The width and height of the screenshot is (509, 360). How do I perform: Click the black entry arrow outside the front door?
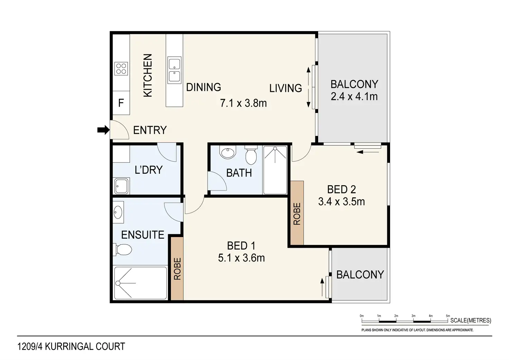click(103, 130)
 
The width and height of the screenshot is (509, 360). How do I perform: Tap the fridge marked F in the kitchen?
click(121, 103)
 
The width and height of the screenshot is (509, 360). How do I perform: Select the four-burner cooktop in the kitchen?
click(121, 69)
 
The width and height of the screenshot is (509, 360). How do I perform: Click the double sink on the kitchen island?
click(174, 70)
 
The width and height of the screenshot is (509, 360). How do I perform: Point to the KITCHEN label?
click(148, 76)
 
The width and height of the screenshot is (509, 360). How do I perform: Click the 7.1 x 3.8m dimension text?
click(243, 103)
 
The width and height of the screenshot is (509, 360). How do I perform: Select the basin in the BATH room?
click(228, 152)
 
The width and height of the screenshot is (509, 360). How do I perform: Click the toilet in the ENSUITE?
click(122, 250)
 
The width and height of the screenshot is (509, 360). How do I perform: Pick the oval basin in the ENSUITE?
click(118, 212)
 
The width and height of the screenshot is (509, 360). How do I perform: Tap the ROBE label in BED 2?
click(297, 214)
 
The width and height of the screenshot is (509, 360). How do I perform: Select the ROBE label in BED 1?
click(177, 269)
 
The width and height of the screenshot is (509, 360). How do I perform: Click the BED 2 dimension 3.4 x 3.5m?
click(342, 201)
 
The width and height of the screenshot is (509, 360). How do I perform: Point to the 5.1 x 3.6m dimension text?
click(242, 258)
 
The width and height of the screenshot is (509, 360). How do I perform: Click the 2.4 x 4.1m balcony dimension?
click(354, 96)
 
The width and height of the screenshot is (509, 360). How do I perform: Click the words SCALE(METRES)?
click(471, 321)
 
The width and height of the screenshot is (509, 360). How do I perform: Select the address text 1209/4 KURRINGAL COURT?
click(71, 347)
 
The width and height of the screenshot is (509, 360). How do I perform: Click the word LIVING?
click(286, 88)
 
